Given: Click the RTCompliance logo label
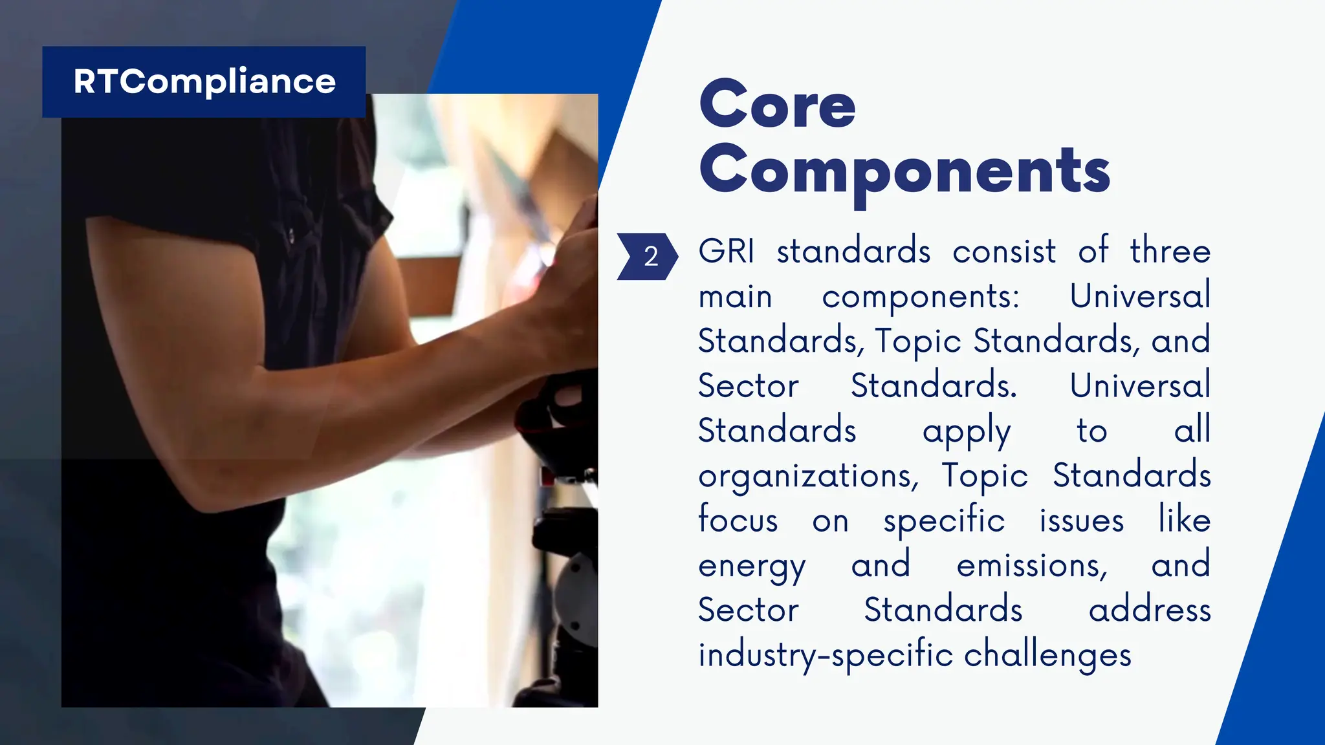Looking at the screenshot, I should click(204, 82).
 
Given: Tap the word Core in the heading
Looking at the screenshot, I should click(777, 105).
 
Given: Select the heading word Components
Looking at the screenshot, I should click(904, 171).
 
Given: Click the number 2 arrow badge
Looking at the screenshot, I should click(648, 257).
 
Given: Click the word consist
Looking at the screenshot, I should click(1003, 251).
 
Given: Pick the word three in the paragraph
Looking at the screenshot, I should click(1170, 251).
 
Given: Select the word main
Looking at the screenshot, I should click(735, 297).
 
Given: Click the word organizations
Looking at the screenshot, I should click(808, 477).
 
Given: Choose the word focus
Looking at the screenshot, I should click(738, 520).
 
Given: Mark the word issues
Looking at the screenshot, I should click(1081, 520).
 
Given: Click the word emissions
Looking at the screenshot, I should click(1032, 566).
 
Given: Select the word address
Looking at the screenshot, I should click(1149, 610).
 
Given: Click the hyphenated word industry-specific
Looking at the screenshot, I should click(826, 656).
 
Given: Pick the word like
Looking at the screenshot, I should click(1184, 520).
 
